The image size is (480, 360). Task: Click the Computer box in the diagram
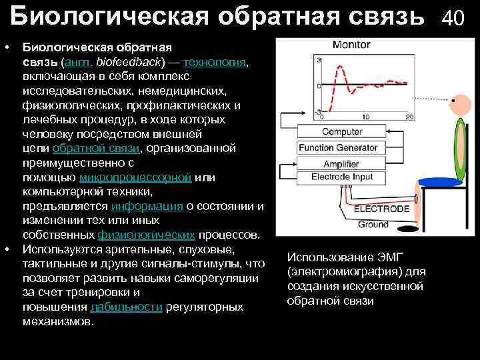click(x=342, y=132)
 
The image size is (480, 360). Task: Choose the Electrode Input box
click(x=342, y=177)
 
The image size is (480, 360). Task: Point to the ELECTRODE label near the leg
click(x=381, y=209)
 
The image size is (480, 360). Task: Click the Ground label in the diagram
click(x=373, y=225)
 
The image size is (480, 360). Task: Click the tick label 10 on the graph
click(x=365, y=117)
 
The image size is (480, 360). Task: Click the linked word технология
click(x=215, y=62)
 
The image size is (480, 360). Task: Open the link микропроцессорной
click(x=135, y=177)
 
